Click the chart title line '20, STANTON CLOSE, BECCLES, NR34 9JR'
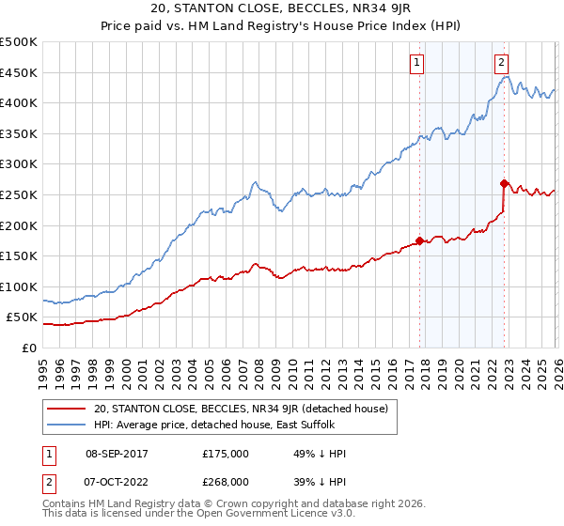(x=281, y=10)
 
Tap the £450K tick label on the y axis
(x=19, y=72)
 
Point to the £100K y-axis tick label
(x=19, y=286)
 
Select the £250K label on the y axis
(x=19, y=194)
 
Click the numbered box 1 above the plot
(x=415, y=64)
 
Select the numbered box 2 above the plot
(x=502, y=64)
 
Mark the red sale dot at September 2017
(x=419, y=240)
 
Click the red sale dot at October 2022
(x=505, y=183)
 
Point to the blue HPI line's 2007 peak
(x=254, y=182)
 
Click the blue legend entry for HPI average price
(x=235, y=425)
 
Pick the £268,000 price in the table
(x=225, y=481)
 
